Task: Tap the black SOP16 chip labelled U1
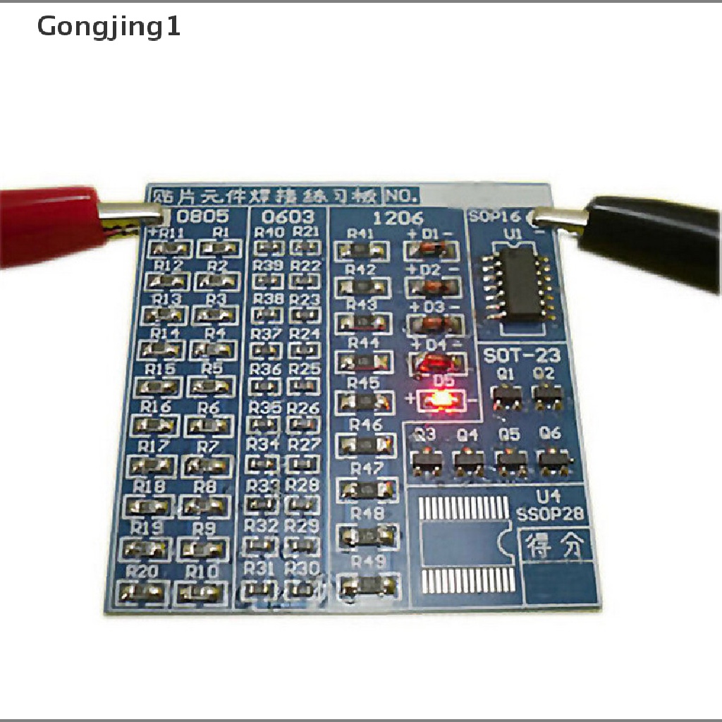520,283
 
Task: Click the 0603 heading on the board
288,216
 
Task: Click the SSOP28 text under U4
550,513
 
